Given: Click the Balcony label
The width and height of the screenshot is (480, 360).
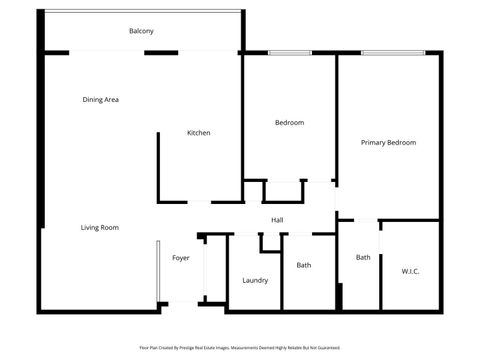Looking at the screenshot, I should pyautogui.click(x=141, y=31).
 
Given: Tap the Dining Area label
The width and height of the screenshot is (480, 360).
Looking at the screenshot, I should pyautogui.click(x=101, y=99).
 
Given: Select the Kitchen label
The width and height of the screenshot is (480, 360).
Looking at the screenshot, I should pyautogui.click(x=198, y=133).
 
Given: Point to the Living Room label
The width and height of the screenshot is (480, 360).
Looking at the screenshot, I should pyautogui.click(x=100, y=228).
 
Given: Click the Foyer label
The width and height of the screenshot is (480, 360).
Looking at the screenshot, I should pyautogui.click(x=180, y=258).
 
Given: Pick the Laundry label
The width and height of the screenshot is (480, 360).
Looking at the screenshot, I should pyautogui.click(x=255, y=280).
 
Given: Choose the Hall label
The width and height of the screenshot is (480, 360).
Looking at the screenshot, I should pyautogui.click(x=277, y=220).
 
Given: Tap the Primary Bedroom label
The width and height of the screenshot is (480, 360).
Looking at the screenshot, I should pyautogui.click(x=388, y=143).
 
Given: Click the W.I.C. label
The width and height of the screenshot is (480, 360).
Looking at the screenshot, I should pyautogui.click(x=410, y=271).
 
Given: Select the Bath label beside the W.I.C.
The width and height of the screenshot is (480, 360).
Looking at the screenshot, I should pyautogui.click(x=363, y=257).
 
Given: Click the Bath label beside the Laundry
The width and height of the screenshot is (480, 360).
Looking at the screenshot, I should pyautogui.click(x=303, y=265).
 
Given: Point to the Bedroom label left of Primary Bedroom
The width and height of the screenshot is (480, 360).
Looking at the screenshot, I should pyautogui.click(x=289, y=123).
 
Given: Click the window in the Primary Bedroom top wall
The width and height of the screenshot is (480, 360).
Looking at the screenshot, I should pyautogui.click(x=392, y=53).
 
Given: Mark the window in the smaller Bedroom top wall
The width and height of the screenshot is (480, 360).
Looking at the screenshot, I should pyautogui.click(x=289, y=53).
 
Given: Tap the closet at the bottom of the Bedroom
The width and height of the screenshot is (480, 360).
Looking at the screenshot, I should pyautogui.click(x=286, y=192).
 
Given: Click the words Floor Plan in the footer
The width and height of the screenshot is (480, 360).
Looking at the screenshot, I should pyautogui.click(x=149, y=347).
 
